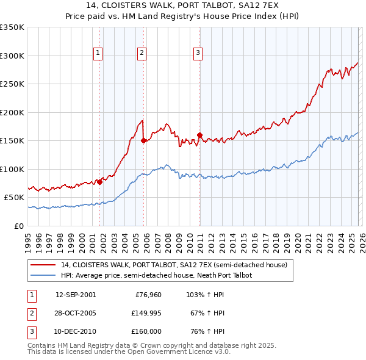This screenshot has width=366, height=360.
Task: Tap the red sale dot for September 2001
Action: point(100,182)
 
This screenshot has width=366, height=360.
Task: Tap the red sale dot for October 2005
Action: point(144,140)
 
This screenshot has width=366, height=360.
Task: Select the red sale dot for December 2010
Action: point(199,135)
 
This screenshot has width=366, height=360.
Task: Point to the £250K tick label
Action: point(12,84)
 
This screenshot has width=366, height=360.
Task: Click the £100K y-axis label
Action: point(12,169)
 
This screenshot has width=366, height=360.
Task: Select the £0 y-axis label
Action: point(18,226)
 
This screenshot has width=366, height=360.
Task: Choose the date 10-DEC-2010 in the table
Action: point(75,331)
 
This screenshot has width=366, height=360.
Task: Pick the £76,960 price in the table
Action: point(148,295)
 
